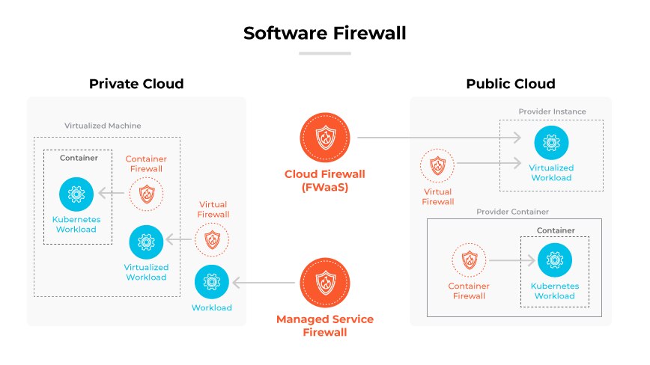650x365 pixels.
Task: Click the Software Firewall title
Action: (x=324, y=34)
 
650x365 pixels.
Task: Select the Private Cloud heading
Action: (x=136, y=83)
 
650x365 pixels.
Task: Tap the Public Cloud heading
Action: (x=511, y=83)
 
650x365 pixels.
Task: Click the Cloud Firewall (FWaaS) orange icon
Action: (x=324, y=138)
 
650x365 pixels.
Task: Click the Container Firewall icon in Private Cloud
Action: (x=145, y=194)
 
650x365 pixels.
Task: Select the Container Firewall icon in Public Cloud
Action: (x=470, y=260)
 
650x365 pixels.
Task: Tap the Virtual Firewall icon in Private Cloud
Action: (x=212, y=240)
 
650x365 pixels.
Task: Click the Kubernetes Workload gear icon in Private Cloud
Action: (x=76, y=194)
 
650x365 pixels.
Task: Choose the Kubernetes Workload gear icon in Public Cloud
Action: (x=554, y=260)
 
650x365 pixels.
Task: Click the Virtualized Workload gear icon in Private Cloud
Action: (x=146, y=241)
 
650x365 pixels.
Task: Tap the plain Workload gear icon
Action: (x=211, y=282)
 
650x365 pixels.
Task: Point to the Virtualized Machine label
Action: (x=103, y=126)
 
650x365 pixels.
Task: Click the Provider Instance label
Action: (x=552, y=112)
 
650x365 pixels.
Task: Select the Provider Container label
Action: (x=512, y=212)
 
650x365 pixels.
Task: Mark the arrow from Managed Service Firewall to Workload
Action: (x=267, y=283)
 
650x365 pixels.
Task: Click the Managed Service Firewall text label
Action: (x=324, y=325)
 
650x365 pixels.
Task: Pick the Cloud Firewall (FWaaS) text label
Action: (x=324, y=180)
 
